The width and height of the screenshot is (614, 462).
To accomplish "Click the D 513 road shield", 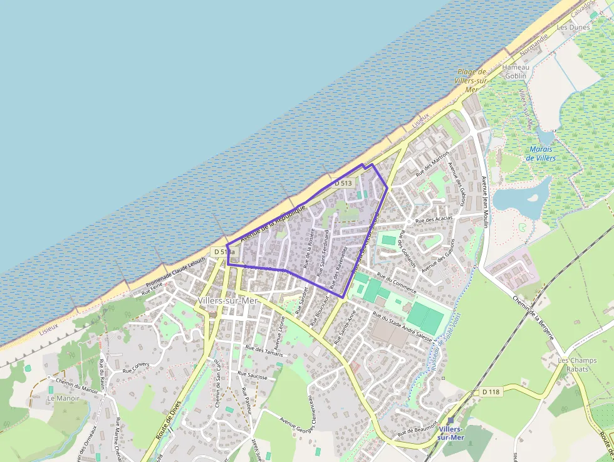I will click(342, 183).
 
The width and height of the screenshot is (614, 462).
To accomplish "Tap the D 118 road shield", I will click(492, 392).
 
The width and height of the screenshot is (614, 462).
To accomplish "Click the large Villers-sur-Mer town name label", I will click(227, 301).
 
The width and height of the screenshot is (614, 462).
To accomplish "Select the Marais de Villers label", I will click(542, 154).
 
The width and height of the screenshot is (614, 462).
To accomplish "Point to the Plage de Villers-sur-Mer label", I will click(472, 80).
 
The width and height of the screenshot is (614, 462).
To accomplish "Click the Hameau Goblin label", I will click(516, 71).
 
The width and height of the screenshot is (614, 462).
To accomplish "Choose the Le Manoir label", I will click(63, 398).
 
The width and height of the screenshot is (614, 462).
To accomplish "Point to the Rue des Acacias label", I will click(434, 219).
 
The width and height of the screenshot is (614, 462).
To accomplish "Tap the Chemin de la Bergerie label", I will click(534, 318).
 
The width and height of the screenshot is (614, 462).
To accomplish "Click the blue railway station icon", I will click(450, 421).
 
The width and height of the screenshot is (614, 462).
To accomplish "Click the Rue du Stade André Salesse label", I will click(402, 326).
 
